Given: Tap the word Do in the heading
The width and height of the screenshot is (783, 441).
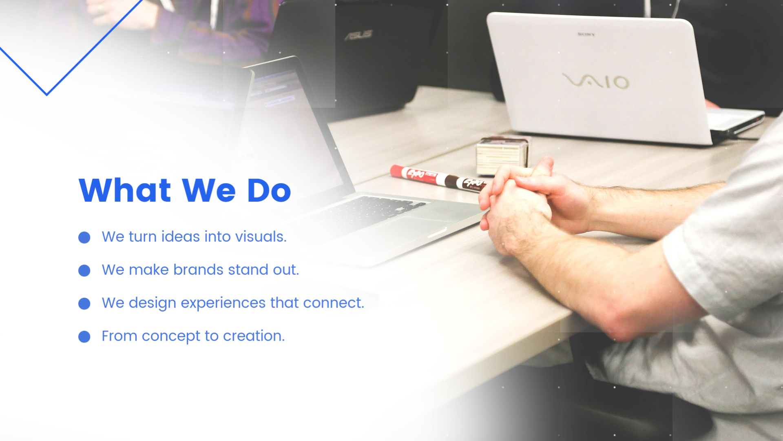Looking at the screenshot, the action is tap(269, 190).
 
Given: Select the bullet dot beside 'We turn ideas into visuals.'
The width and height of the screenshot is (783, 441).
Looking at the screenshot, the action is tap(84, 238).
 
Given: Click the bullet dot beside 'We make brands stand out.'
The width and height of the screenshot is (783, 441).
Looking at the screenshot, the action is tap(84, 271).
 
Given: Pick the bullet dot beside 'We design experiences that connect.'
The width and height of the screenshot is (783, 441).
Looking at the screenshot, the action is tap(84, 304).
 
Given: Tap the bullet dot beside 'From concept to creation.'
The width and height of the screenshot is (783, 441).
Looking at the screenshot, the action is tap(84, 337).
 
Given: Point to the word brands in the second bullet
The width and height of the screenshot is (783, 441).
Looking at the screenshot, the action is tap(198, 270).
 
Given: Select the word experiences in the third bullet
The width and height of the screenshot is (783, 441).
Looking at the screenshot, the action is tap(223, 303).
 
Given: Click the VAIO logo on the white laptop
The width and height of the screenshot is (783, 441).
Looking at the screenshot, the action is tap(595, 81).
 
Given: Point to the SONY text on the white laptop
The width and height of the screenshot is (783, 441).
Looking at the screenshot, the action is tap(586, 35).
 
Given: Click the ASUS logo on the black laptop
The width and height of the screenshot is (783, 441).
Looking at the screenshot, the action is tap(358, 35).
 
